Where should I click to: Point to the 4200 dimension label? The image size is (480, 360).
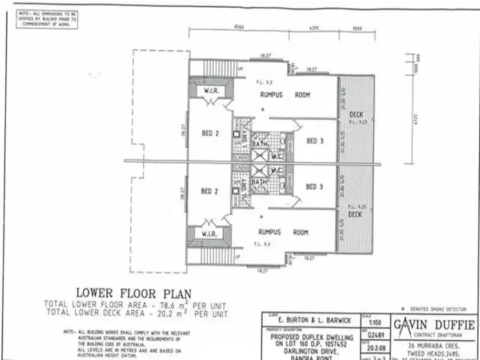click(x=314, y=27)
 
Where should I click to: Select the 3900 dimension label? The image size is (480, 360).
click(x=357, y=27)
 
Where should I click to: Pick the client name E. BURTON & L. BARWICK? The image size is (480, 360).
click(x=307, y=320)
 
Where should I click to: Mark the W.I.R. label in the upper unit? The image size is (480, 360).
click(x=212, y=90)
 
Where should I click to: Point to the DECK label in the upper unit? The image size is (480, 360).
click(x=356, y=114)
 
